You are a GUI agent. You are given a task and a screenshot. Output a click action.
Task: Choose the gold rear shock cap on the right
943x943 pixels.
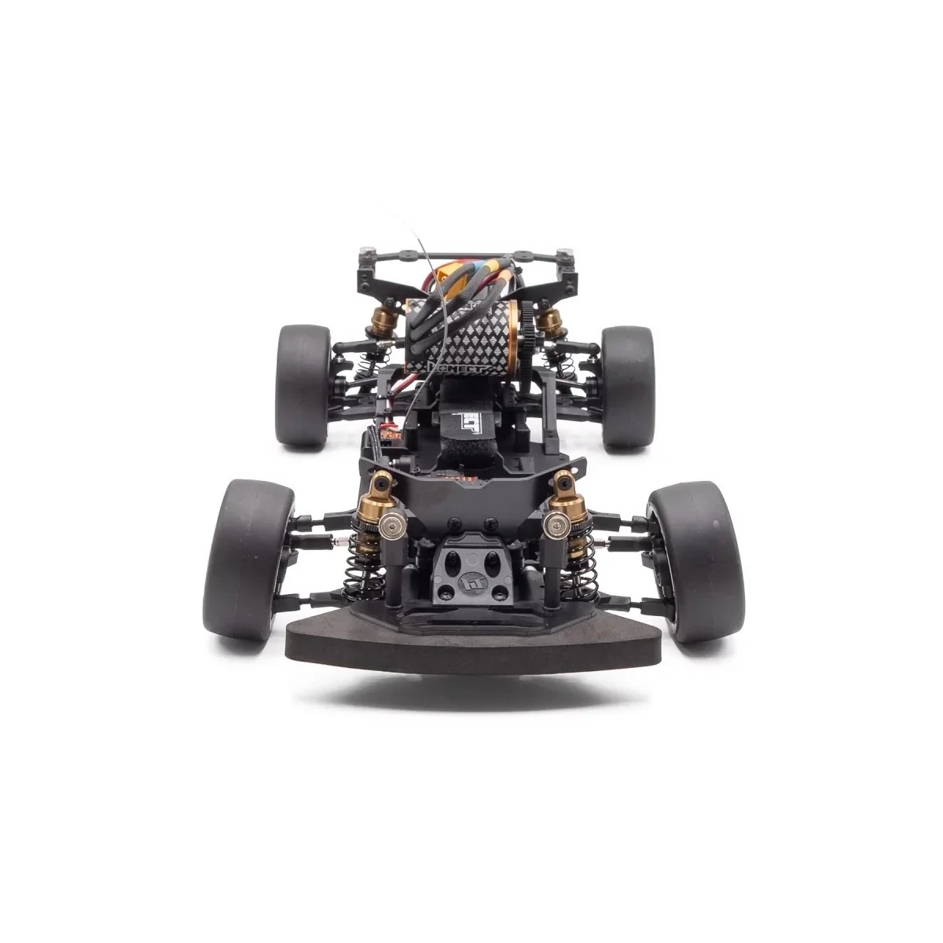[549, 320]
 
